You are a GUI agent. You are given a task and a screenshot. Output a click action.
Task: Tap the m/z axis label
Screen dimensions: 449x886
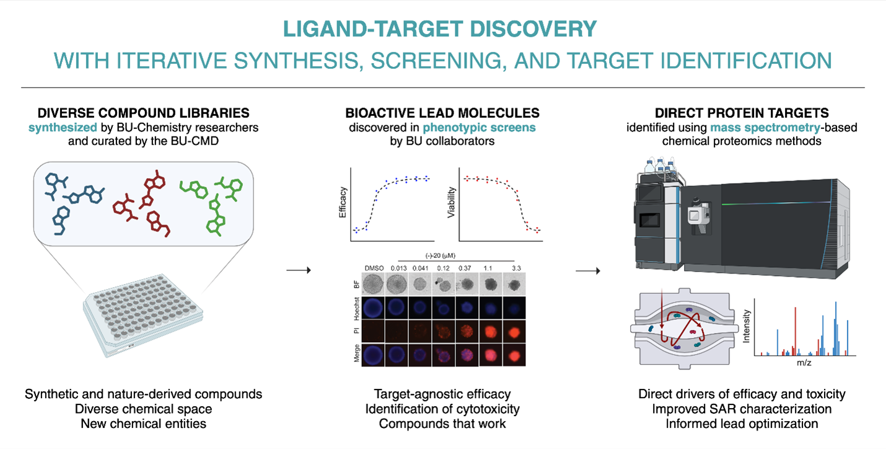[x=805, y=363]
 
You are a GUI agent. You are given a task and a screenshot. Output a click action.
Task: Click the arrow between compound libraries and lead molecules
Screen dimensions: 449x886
[x=299, y=270]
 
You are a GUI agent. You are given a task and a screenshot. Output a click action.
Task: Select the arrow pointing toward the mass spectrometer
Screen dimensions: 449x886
[x=588, y=270]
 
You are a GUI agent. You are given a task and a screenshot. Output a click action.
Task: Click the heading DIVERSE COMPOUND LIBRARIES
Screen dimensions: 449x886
[x=144, y=113]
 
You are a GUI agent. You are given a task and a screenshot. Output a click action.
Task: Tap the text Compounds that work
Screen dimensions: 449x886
[x=442, y=424]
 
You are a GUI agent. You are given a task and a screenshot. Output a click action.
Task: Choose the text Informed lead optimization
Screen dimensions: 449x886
[x=742, y=424]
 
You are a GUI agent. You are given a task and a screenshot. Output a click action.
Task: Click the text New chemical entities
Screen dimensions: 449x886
[x=144, y=424]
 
